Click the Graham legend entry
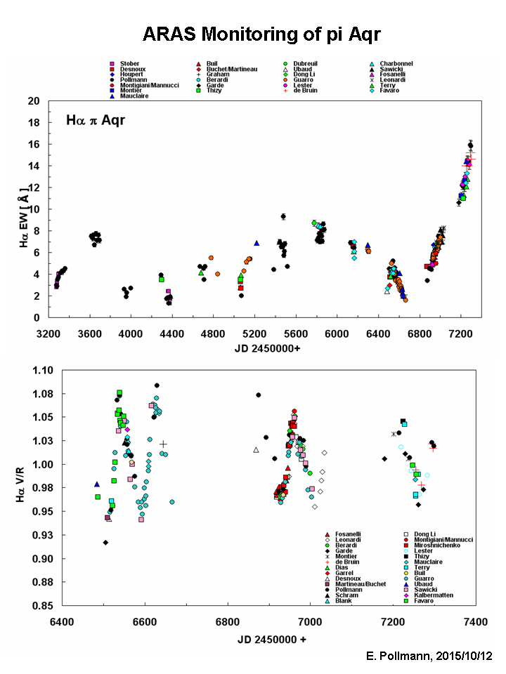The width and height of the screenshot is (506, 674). [x=218, y=74]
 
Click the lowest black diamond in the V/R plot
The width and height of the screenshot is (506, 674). [x=105, y=542]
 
